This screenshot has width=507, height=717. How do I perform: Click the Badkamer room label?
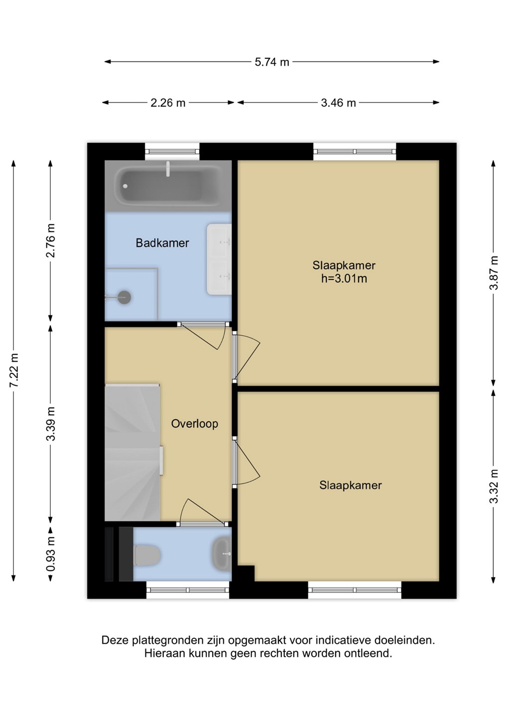pyautogui.click(x=162, y=243)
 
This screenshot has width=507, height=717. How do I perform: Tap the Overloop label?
pyautogui.click(x=195, y=424)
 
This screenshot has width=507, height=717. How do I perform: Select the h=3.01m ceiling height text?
pyautogui.click(x=344, y=278)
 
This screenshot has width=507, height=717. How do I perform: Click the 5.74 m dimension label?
pyautogui.click(x=272, y=62)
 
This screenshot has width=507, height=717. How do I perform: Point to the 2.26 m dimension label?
pyautogui.click(x=168, y=103)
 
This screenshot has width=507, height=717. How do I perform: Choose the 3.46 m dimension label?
pyautogui.click(x=338, y=103)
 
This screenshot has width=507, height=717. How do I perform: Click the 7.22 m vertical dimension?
pyautogui.click(x=14, y=370)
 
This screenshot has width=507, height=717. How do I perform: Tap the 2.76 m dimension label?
pyautogui.click(x=51, y=240)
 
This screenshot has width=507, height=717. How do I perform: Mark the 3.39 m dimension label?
pyautogui.click(x=51, y=424)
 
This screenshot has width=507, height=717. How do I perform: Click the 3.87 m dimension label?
pyautogui.click(x=494, y=273)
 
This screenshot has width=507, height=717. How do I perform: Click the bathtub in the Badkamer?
pyautogui.click(x=168, y=186)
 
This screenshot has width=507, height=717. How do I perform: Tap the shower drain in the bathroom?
pyautogui.click(x=124, y=297)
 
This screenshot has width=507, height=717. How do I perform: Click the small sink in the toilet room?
pyautogui.click(x=222, y=554)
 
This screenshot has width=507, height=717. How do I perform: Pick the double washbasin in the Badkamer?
pyautogui.click(x=219, y=259)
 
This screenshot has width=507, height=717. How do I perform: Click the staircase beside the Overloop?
pyautogui.click(x=132, y=452)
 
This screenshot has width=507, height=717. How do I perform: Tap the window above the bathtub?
pyautogui.click(x=172, y=152)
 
